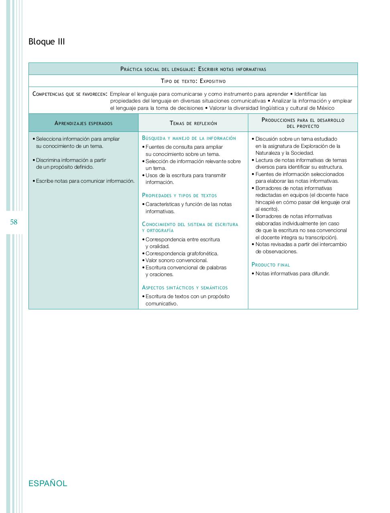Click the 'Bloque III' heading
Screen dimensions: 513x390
pos(47,42)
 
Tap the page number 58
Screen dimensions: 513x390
pos(14,222)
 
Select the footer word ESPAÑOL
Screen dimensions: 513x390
pos(48,483)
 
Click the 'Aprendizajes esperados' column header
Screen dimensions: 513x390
pos(83,123)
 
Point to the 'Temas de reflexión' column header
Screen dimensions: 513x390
pos(193,123)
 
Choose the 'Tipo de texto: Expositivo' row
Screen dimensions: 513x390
pos(193,81)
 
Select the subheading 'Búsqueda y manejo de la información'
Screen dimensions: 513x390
pos(189,138)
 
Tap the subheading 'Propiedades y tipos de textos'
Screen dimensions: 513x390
pos(179,196)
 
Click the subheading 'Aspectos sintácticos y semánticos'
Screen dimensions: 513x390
pos(185,288)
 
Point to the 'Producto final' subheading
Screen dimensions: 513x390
pos(270,265)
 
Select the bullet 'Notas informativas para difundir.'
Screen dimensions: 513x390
pos(292,274)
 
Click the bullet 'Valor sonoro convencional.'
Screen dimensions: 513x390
pos(176,261)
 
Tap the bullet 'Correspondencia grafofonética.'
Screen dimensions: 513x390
pos(182,253)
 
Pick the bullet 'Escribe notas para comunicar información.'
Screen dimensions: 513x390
pos(85,181)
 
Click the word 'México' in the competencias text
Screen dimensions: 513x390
pos(325,108)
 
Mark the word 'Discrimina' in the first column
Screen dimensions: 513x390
pos(48,160)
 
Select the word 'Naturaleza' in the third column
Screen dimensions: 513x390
pos(268,153)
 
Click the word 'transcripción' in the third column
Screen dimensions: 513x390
pos(321,237)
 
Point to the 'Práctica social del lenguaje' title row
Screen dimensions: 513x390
pos(193,69)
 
